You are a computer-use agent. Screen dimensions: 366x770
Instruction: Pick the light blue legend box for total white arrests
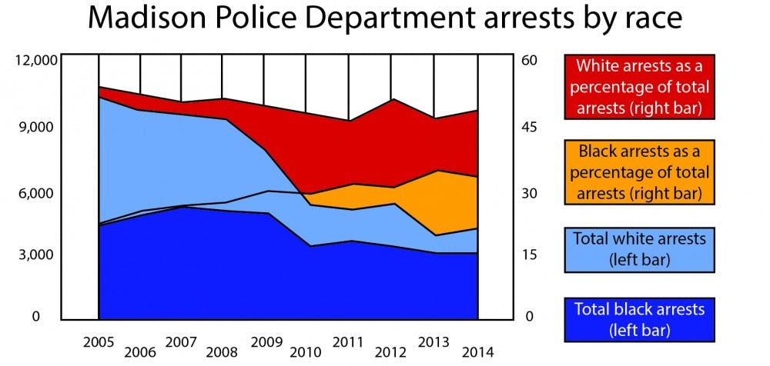639,248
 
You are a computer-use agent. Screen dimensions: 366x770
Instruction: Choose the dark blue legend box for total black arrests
639,319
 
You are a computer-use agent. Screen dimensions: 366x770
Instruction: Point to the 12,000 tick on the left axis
35,59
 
